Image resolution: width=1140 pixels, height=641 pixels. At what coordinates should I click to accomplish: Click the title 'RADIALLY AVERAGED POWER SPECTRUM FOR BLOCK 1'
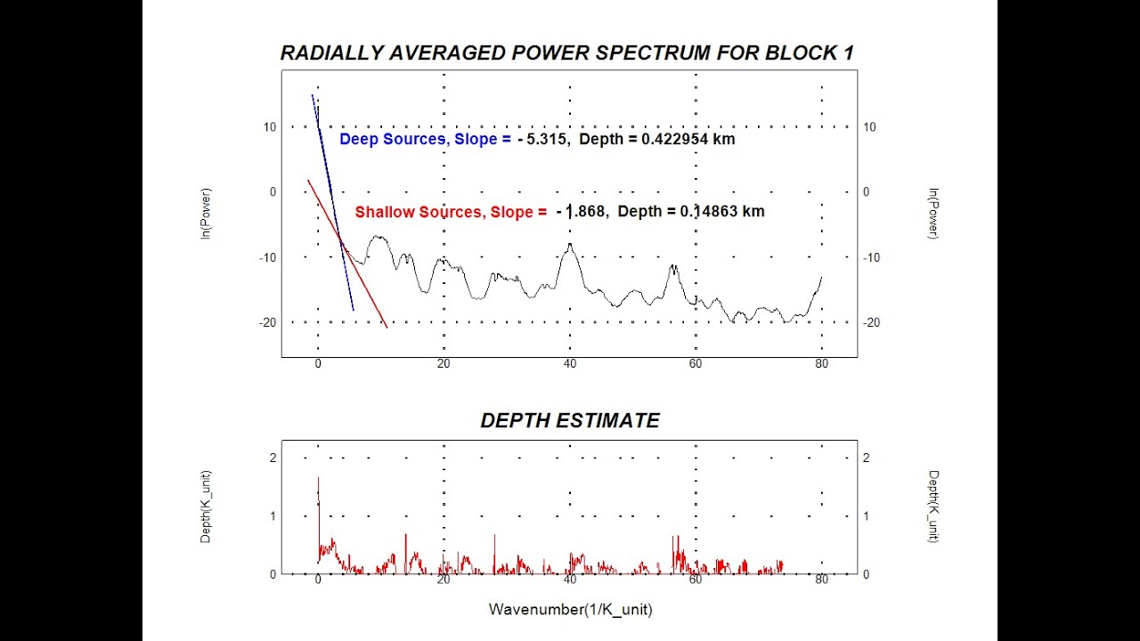click(x=567, y=53)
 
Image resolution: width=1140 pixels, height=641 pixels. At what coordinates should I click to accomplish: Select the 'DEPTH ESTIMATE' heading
click(x=570, y=421)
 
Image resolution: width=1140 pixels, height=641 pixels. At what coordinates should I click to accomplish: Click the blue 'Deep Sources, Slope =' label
click(x=426, y=140)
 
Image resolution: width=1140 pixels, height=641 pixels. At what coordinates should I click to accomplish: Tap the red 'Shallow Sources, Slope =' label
click(x=451, y=212)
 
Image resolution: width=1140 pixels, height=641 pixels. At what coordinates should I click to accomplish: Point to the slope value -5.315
click(x=541, y=140)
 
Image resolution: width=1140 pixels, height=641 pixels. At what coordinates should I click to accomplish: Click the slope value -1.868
click(x=582, y=212)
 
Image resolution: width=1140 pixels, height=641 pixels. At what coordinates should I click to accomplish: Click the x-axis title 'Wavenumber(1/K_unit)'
click(x=570, y=610)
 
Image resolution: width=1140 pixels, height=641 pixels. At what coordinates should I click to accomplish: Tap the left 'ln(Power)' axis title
click(x=206, y=214)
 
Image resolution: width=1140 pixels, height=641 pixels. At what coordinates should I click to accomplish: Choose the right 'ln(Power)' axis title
click(x=933, y=214)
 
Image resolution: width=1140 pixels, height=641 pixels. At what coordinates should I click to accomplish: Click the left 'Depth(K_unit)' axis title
click(x=206, y=507)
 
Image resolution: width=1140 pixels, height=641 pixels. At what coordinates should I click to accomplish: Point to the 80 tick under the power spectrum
click(x=821, y=363)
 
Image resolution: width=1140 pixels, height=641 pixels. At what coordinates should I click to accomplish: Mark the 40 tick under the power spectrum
click(x=570, y=363)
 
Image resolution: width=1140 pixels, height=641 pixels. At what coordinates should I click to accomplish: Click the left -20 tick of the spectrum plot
click(x=267, y=322)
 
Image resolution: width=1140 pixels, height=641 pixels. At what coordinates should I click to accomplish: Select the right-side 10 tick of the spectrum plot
click(x=869, y=127)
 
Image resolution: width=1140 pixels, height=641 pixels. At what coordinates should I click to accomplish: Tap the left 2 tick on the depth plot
click(x=273, y=458)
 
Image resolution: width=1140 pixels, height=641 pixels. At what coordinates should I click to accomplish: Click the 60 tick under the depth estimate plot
click(x=696, y=580)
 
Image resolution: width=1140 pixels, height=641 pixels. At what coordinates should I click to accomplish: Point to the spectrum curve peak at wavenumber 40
click(x=570, y=245)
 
